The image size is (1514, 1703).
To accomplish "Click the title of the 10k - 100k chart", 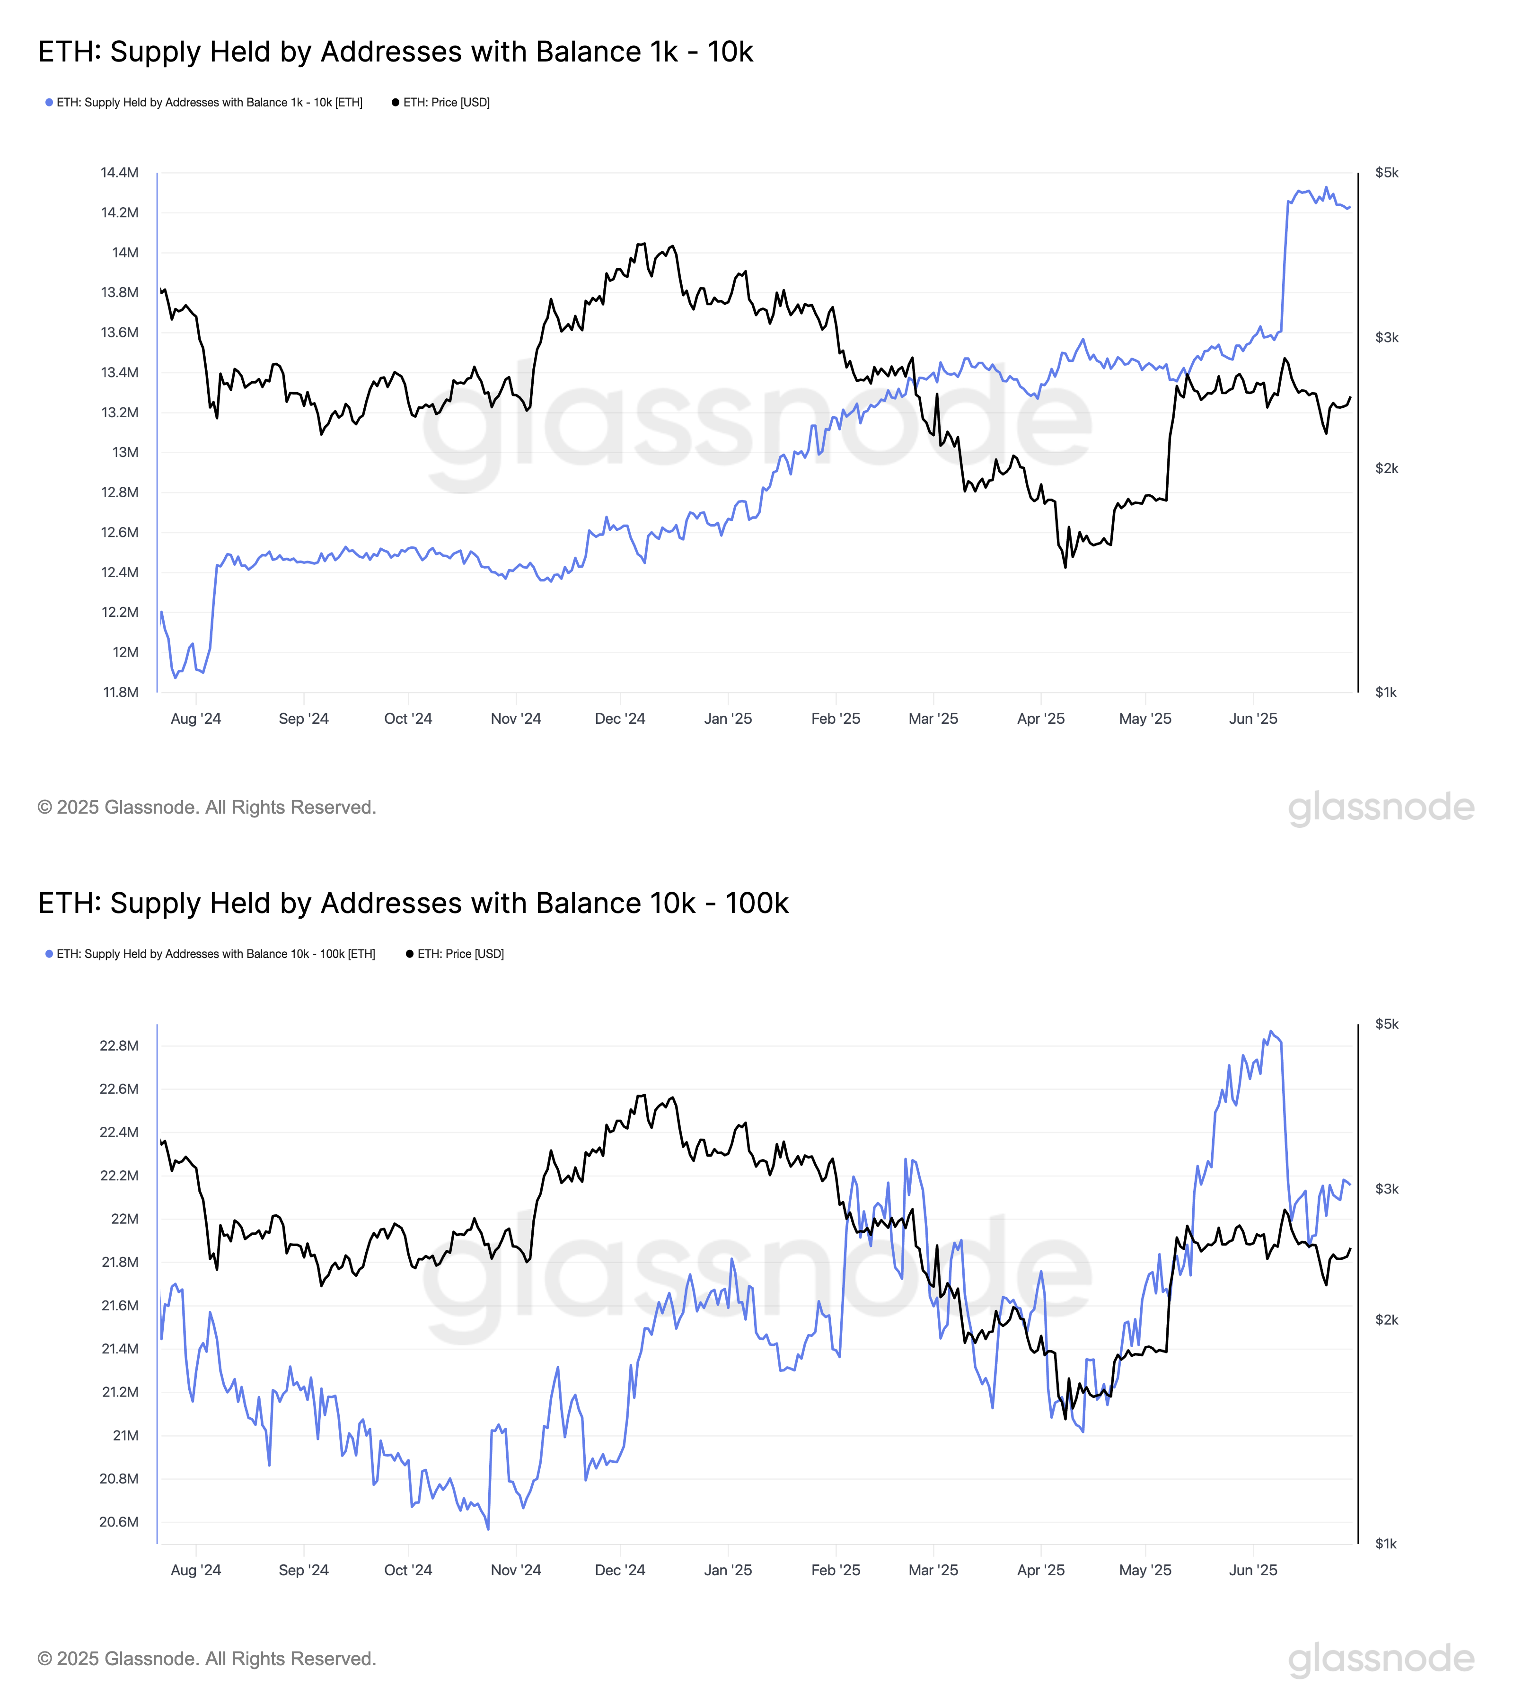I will point(414,903).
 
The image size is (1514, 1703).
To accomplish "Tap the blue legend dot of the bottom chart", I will point(49,954).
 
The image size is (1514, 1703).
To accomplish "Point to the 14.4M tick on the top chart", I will point(119,173).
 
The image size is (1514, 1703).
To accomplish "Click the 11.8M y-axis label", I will point(120,693).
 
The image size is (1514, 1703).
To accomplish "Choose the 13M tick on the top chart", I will point(125,452).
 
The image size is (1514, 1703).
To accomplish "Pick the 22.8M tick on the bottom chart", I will point(119,1045).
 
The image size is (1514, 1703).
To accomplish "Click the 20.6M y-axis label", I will point(119,1522).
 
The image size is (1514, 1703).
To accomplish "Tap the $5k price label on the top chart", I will point(1387,173).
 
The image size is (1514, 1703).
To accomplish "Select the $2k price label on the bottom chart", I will point(1387,1320).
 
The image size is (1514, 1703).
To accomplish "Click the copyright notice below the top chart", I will point(207,808).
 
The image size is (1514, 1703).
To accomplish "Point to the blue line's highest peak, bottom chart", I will point(1271,1031).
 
